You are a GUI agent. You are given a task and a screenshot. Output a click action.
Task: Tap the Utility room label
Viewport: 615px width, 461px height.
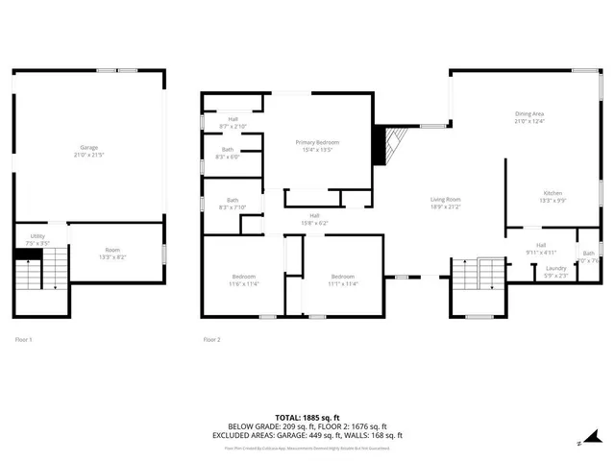point(37,237)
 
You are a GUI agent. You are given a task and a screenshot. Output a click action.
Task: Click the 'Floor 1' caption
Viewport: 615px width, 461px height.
point(23,339)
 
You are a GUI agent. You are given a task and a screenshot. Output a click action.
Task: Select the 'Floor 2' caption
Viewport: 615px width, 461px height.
point(211,339)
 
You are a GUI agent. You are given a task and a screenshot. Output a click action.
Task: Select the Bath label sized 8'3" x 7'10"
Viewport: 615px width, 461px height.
point(227,204)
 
